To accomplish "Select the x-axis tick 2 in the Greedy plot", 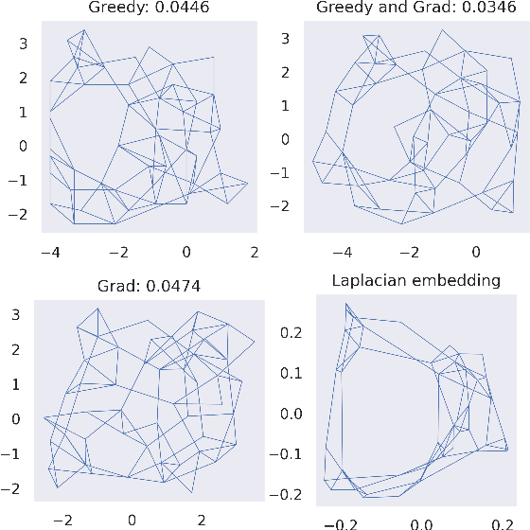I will [254, 251].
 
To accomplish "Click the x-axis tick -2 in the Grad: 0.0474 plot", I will [64, 519].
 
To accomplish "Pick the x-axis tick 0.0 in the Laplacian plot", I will [421, 523].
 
